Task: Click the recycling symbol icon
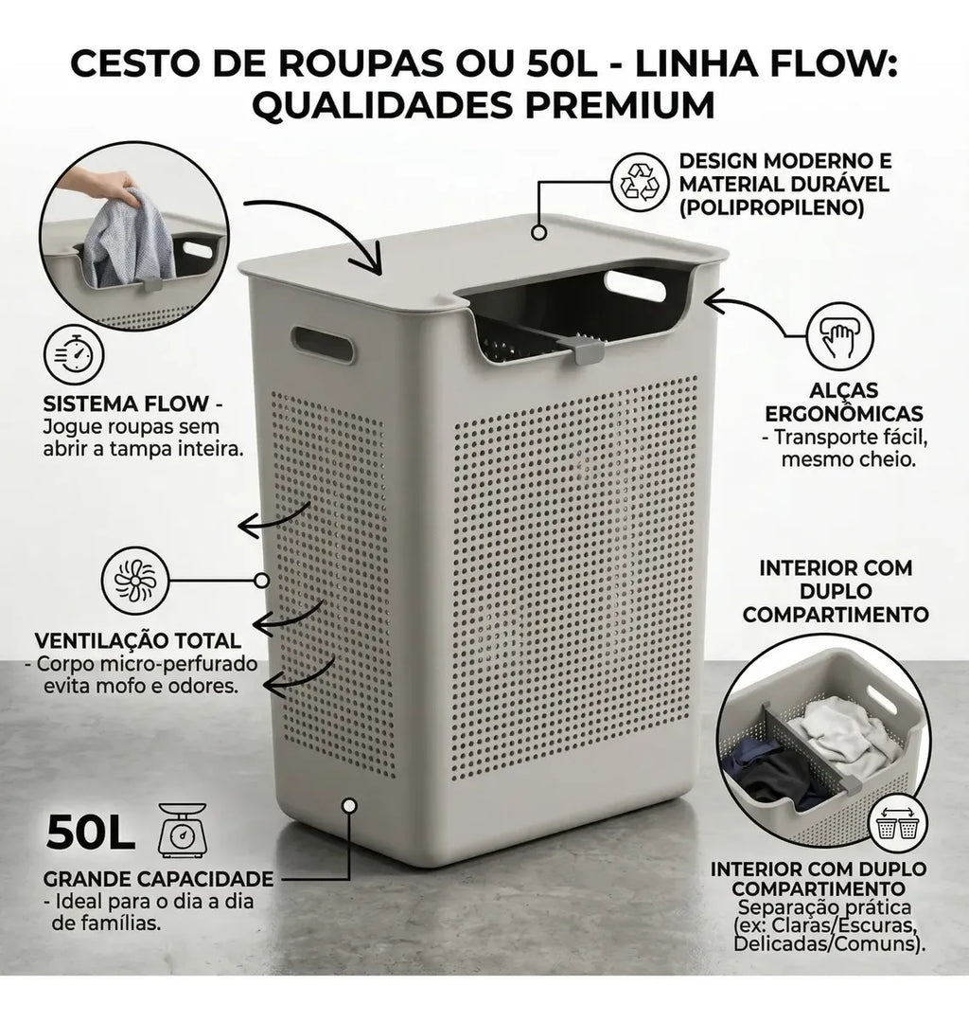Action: click(640, 182)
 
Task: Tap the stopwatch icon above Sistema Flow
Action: click(74, 356)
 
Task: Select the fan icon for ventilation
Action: click(135, 580)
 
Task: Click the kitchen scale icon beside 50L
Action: click(183, 831)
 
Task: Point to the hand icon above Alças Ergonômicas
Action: click(839, 337)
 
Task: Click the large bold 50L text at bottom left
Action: click(90, 833)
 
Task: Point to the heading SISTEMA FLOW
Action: click(126, 403)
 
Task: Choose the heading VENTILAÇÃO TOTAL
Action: click(138, 640)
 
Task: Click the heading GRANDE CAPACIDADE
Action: click(158, 879)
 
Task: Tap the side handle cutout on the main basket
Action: click(323, 344)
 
